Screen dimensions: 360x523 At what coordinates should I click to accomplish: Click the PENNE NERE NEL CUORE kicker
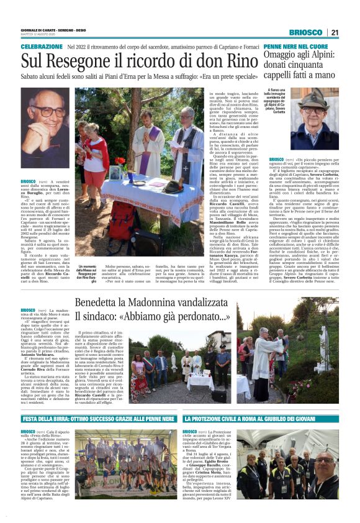coord(295,47)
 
